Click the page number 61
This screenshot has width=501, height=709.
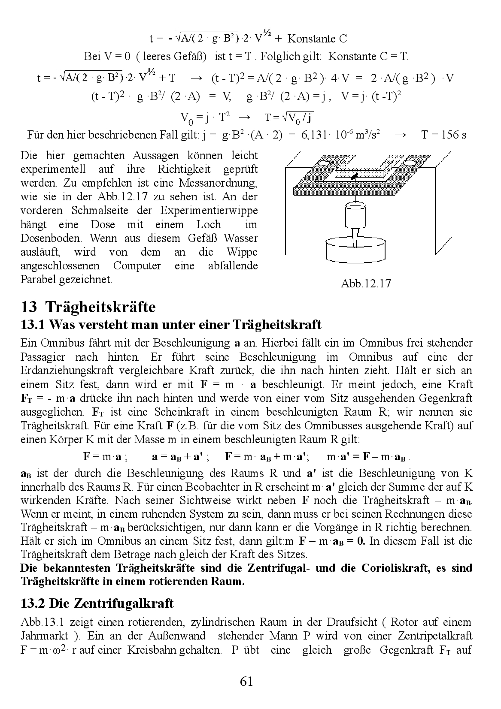pyautogui.click(x=246, y=681)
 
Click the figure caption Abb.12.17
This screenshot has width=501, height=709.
pyautogui.click(x=366, y=283)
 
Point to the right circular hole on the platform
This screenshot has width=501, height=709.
pyautogui.click(x=410, y=163)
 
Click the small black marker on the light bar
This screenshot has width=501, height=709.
pyautogui.click(x=355, y=176)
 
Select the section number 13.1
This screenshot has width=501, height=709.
pyautogui.click(x=33, y=325)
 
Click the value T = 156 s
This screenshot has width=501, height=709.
pyautogui.click(x=443, y=135)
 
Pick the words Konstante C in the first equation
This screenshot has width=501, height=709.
pyautogui.click(x=317, y=39)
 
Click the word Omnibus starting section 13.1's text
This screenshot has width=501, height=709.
pyautogui.click(x=60, y=343)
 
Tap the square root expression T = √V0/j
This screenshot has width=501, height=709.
pyautogui.click(x=288, y=117)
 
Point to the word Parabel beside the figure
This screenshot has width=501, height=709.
pyautogui.click(x=37, y=279)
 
